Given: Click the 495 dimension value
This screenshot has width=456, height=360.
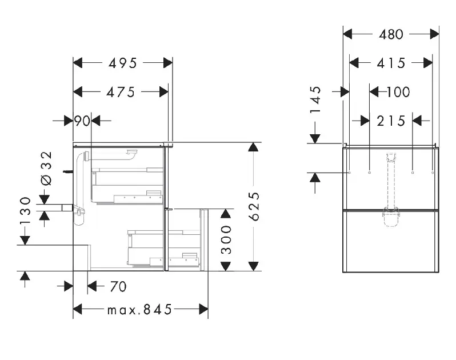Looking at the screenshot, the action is pos(122,63).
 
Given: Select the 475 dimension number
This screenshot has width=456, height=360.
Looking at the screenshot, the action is pos(121,93).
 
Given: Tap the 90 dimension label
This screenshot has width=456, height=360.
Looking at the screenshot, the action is pos(82,121).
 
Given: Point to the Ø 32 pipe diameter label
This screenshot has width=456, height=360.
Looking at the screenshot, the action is pos(47,169).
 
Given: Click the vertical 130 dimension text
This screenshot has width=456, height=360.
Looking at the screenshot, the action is pos(25,211).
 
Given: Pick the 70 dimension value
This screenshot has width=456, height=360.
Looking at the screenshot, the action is pos(118,287).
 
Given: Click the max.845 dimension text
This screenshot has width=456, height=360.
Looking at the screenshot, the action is pos(139,310).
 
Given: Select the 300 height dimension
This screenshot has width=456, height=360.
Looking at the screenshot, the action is pos(226,239).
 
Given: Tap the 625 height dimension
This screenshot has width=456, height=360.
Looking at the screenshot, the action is pos(254,206).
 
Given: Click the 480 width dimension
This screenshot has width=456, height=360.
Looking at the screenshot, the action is pos(391,35).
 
